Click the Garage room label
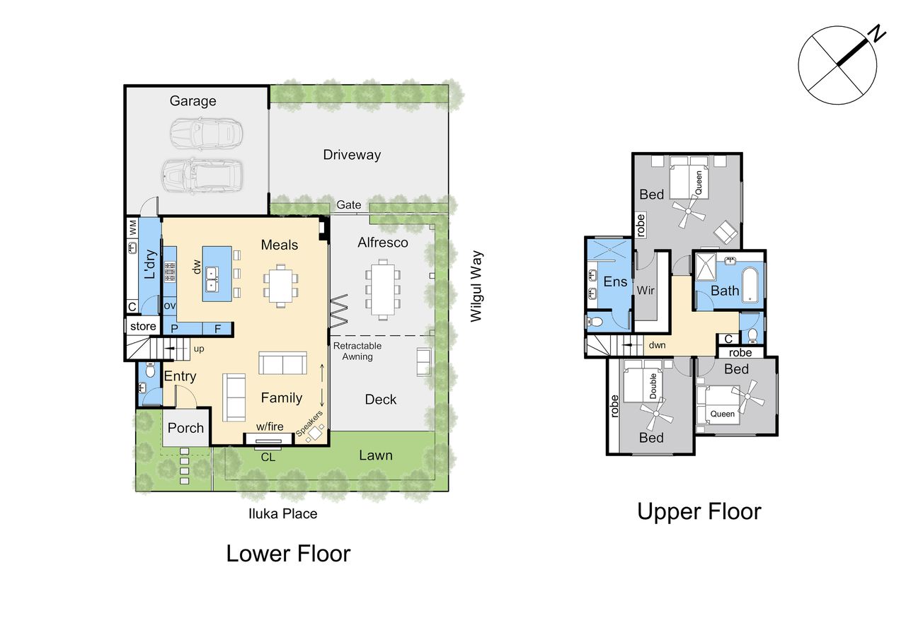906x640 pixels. point(193,101)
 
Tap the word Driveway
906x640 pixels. point(352,155)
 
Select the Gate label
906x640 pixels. point(349,205)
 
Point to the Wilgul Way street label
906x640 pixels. point(476,286)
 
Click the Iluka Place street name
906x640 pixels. point(282,514)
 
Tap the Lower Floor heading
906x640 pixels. point(288,554)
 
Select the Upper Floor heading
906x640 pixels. point(699,511)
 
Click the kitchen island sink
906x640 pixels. point(212,279)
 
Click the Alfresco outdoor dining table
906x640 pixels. point(383,290)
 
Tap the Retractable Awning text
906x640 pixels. point(357,351)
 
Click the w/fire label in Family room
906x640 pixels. point(270,426)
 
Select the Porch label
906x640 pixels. point(185,428)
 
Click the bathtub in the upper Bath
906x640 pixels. point(752,284)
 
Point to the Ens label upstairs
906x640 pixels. point(615,281)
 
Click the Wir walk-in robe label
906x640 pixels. point(646,290)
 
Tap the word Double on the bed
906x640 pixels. point(653,386)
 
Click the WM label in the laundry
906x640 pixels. point(132,228)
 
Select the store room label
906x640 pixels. point(143,326)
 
